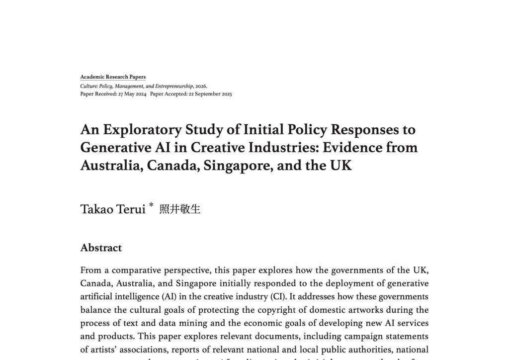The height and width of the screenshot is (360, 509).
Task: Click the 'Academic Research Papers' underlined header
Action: click(113, 77)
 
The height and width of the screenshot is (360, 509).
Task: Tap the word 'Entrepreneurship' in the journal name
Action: click(172, 86)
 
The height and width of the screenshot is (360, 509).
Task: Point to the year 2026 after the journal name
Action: click(200, 86)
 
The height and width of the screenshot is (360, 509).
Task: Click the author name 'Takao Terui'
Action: click(113, 209)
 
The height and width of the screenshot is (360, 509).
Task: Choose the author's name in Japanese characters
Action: click(179, 209)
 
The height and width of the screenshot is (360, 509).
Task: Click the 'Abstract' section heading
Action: click(101, 248)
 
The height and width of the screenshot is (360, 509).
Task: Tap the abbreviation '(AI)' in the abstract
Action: click(169, 297)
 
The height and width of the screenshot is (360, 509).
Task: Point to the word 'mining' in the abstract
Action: click(193, 323)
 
